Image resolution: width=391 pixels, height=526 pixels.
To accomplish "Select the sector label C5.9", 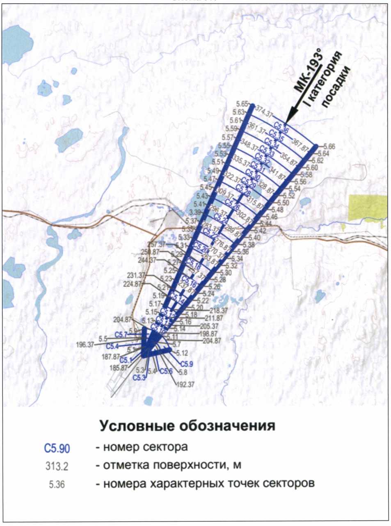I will pos(187,364).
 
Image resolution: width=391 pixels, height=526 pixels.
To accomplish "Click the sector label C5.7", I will pos(121,334).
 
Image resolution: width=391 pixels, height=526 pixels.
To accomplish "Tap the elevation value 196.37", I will pos(85,345).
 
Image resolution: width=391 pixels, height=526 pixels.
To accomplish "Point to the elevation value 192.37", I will pos(185,385).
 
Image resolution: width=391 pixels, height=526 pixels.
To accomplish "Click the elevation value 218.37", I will pos(219,311).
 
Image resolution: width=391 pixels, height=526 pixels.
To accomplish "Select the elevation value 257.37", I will pos(155,245).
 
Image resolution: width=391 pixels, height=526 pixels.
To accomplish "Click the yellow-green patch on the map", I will pos(368,207).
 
